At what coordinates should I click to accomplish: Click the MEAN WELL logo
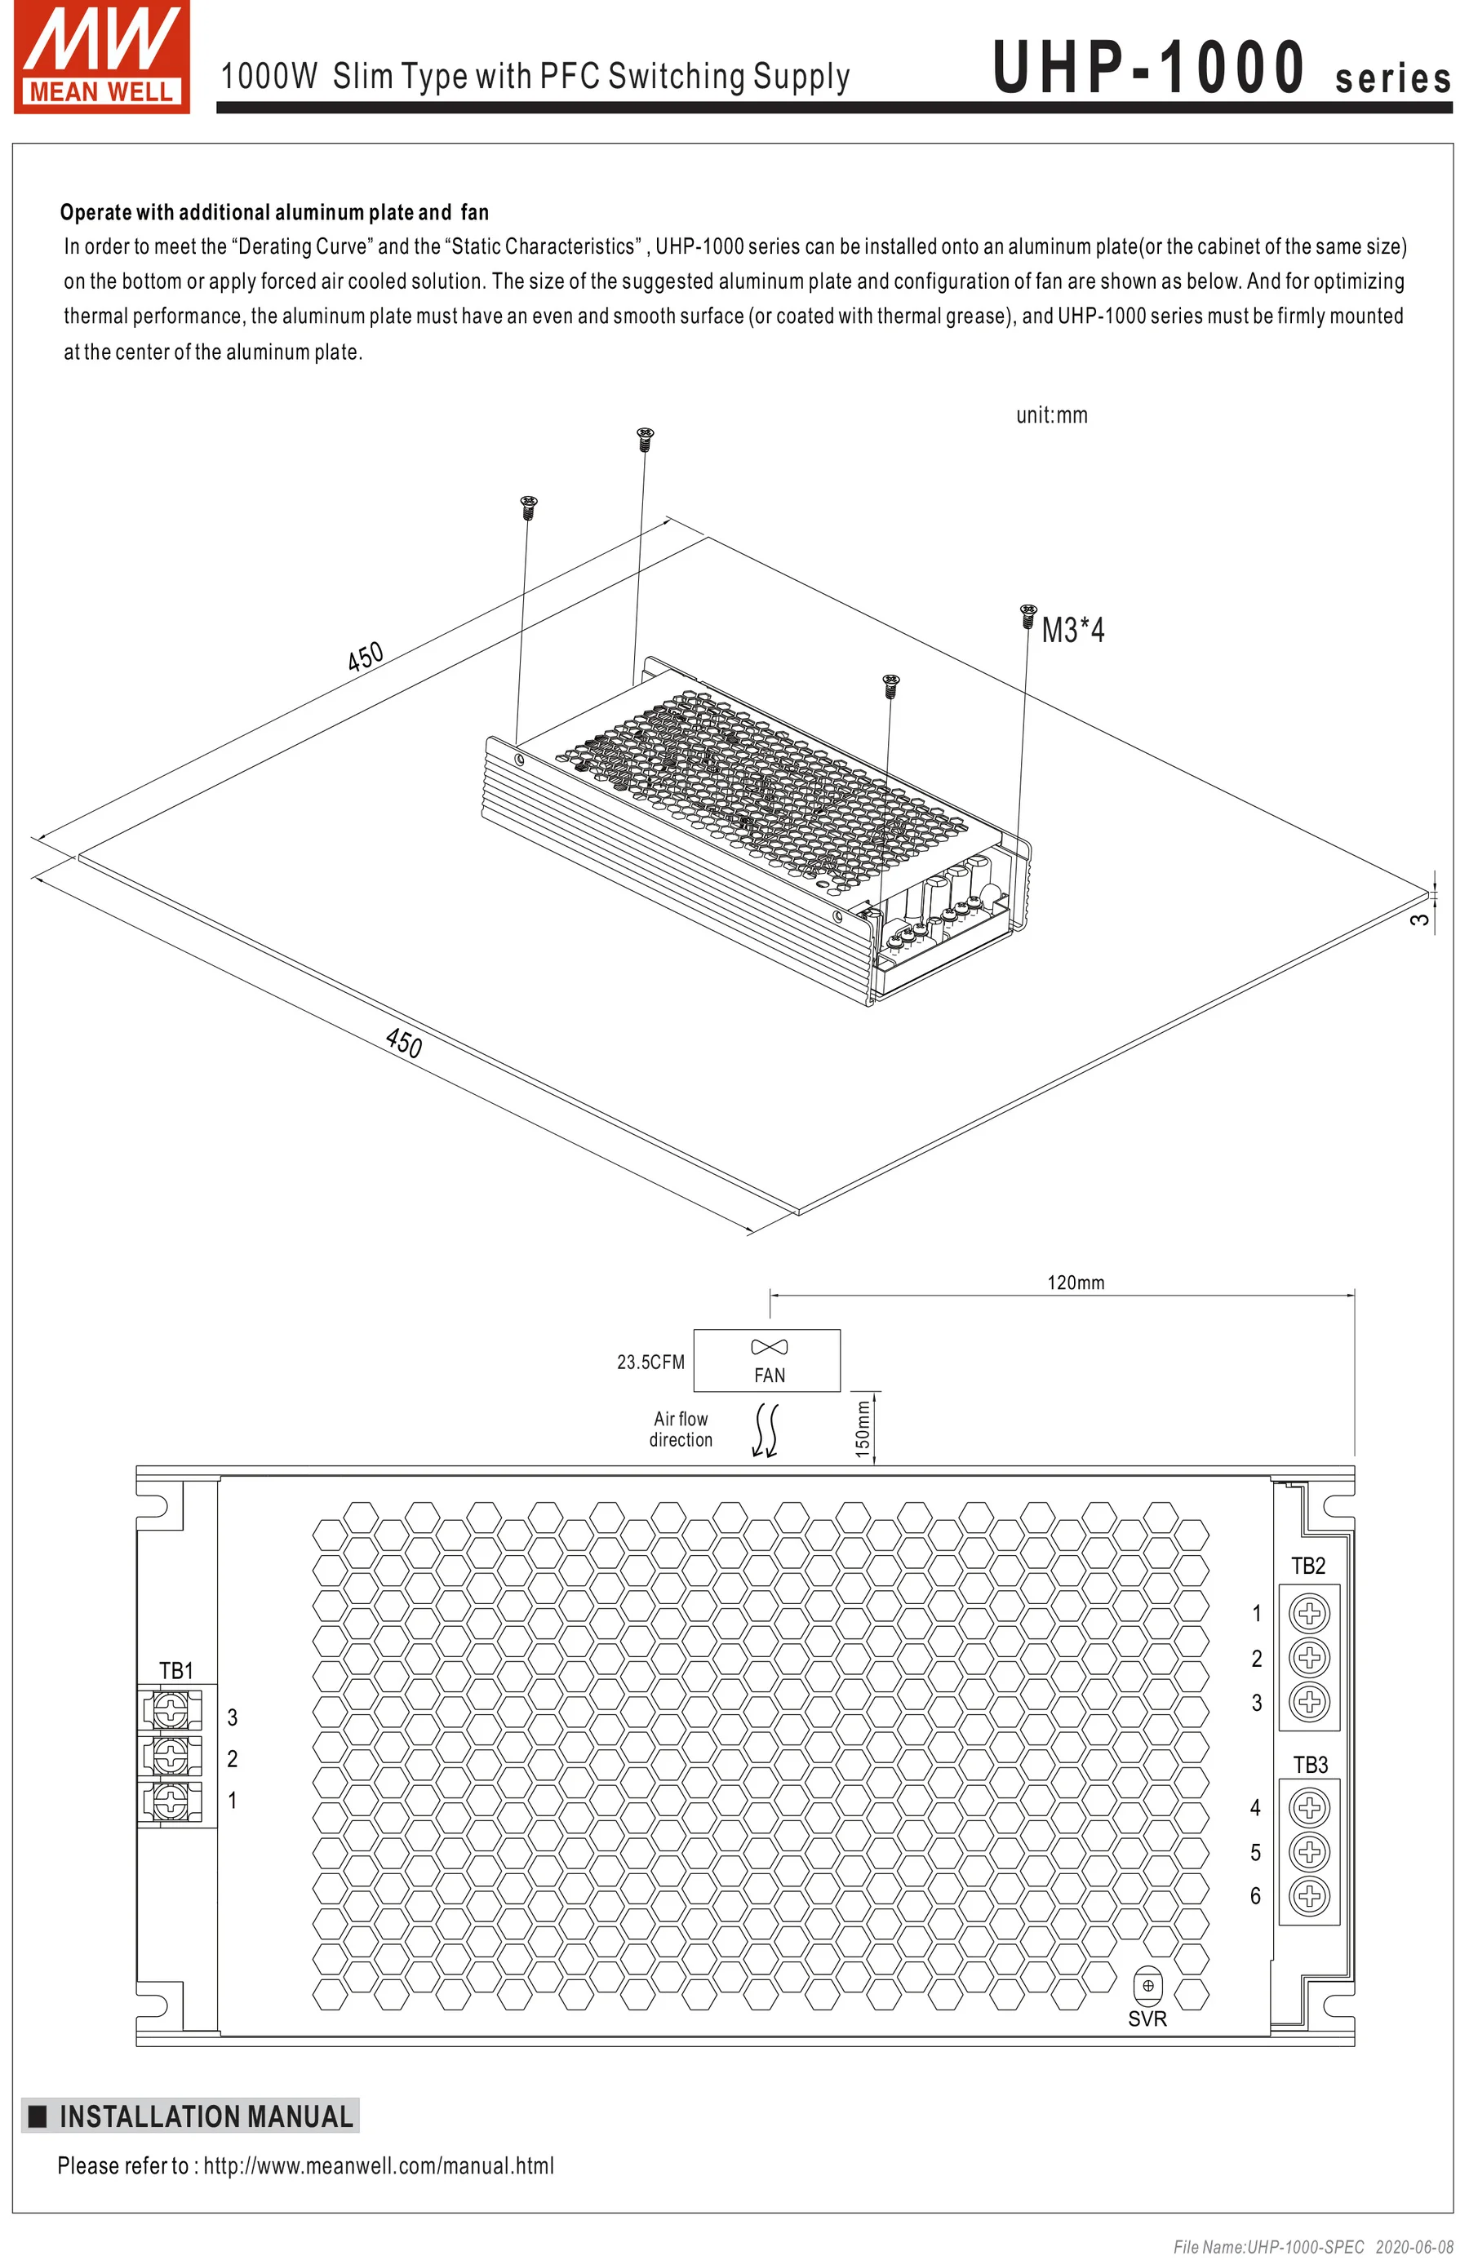coord(101,57)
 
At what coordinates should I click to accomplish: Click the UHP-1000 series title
coord(1220,69)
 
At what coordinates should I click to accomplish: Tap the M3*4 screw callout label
coord(1072,630)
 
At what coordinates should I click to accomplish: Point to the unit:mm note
coord(1051,415)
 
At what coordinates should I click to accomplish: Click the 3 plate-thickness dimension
coord(1418,918)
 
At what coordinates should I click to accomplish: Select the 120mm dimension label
coord(1075,1282)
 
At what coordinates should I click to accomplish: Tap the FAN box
coord(767,1360)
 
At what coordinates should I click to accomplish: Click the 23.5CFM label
coord(650,1362)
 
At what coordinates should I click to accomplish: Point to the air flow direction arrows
coord(766,1430)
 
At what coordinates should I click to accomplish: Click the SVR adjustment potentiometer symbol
coord(1147,1986)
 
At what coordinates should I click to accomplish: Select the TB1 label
coord(175,1670)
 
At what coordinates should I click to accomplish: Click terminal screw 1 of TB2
coord(1310,1612)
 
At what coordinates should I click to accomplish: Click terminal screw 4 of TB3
coord(1310,1806)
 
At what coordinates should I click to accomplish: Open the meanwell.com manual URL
coord(378,2166)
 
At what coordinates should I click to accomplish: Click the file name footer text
coord(1312,2247)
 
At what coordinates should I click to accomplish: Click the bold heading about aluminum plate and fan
coord(274,212)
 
